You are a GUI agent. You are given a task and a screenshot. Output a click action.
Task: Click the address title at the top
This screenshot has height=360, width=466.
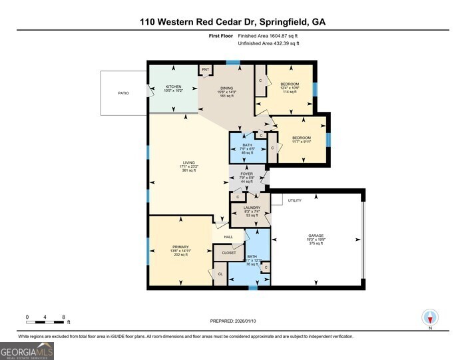coord(232,21)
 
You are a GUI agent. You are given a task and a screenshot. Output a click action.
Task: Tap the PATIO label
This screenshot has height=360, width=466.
coord(123,92)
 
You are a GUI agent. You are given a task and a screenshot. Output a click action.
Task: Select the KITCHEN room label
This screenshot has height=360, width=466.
coord(174,87)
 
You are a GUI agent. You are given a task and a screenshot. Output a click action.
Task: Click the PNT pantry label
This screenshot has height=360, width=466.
coord(206,69)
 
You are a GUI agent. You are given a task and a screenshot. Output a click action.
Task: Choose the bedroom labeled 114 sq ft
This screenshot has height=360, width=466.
coord(289,88)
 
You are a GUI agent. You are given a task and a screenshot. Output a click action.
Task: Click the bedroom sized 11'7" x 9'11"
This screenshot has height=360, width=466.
coord(302,138)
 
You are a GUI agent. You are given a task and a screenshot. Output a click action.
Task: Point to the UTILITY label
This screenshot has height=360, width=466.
coord(295,200)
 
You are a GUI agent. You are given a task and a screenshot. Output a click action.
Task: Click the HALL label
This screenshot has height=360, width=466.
coord(228,236)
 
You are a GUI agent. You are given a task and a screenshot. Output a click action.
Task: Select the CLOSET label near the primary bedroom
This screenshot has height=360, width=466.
coord(228,253)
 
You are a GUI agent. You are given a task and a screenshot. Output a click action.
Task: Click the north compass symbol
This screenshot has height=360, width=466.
coord(431,318)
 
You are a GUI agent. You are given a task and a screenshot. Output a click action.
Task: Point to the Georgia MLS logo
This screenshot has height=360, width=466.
coord(27,350)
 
